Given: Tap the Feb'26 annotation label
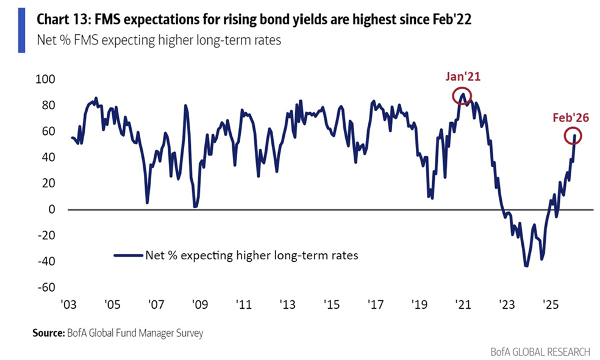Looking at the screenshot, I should [x=571, y=118].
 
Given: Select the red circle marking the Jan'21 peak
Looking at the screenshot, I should [x=462, y=96].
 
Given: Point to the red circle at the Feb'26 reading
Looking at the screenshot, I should [x=573, y=136].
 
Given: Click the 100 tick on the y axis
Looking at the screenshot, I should [x=46, y=79].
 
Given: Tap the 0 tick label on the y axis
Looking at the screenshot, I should [x=52, y=209].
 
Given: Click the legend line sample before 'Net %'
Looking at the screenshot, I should [x=126, y=256].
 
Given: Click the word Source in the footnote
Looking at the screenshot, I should [x=46, y=333].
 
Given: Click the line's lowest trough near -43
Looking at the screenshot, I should [x=526, y=266].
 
